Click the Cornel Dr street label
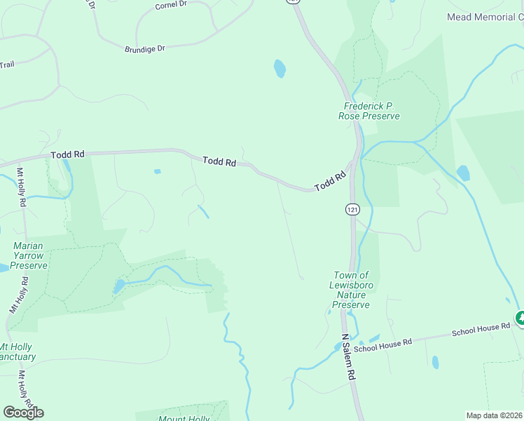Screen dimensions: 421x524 coord(172,4)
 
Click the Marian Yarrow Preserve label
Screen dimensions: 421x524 coord(29,255)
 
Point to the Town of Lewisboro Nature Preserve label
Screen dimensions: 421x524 coord(350,290)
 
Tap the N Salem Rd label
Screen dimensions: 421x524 coord(347,356)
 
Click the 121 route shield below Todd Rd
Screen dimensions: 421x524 coord(352,209)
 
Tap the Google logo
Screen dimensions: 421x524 coord(23,413)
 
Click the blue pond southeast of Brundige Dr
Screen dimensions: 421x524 coord(280,68)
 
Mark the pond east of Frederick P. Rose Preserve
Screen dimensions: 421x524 coord(463,173)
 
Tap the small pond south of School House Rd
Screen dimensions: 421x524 coord(435,362)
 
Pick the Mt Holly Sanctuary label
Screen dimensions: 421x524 coord(17,352)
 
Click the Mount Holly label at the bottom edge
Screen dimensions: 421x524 coord(184,418)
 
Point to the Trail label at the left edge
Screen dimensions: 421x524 coord(7,65)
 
